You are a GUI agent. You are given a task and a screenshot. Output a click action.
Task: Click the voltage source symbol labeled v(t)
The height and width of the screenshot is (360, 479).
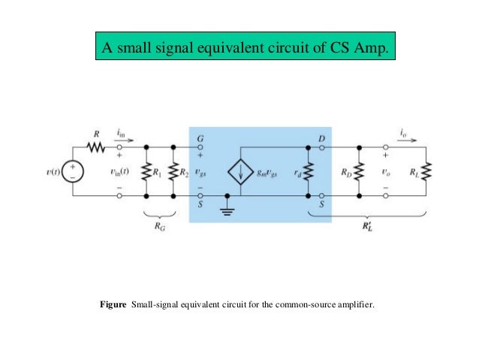pos(73,172)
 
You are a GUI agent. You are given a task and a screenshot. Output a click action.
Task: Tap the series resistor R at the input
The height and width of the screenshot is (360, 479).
pos(96,147)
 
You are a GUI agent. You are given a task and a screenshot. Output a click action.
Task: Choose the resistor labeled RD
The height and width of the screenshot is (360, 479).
pos(360,172)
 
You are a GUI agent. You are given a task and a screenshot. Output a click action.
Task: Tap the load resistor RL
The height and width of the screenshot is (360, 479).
pos(427,172)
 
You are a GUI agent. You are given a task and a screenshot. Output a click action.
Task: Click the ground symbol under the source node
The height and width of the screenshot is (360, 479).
pos(227,210)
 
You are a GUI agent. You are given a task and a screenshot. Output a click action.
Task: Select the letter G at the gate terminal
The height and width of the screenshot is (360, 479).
pos(200,138)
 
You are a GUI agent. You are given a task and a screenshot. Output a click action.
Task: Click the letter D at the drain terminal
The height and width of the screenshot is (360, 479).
pos(321,138)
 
